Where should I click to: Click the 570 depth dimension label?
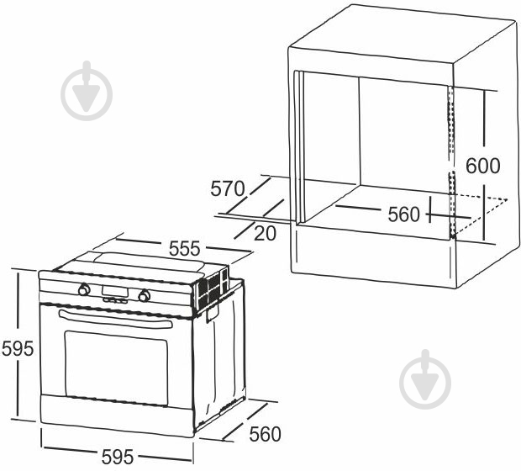pos(228,188)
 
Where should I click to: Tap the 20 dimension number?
pos(265,233)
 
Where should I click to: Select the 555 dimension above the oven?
pos(184,248)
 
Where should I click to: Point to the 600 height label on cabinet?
pos(482,166)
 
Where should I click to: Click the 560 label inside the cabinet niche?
pos(403,214)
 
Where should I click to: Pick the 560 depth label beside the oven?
pos(265,434)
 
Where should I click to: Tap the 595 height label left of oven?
pos(18,348)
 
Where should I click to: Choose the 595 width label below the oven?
pos(118,457)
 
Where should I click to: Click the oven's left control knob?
pos(84,289)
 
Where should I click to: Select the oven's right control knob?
pos(145,295)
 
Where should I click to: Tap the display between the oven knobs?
pos(114,291)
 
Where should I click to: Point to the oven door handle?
pos(116,319)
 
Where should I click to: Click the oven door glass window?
pos(116,368)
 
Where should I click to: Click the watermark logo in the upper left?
pos(87,91)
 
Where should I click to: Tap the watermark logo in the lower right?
pos(425,379)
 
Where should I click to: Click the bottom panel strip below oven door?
pos(116,415)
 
